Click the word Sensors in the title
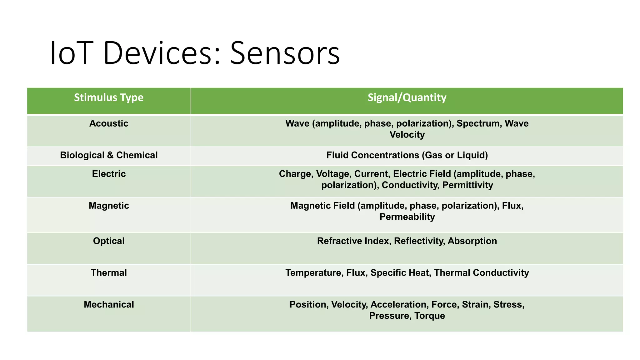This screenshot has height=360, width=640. (285, 53)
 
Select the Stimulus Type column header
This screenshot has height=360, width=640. (109, 97)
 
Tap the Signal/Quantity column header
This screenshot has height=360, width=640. (407, 97)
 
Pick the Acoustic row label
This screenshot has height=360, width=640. (109, 123)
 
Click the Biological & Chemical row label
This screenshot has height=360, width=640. (109, 155)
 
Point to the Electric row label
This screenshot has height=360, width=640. (109, 174)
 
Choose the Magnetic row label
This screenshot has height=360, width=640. (109, 206)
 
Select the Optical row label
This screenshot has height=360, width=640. (109, 241)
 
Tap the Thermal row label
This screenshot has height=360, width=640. (109, 273)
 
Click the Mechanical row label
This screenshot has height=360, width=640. (109, 305)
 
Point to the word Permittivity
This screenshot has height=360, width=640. (467, 185)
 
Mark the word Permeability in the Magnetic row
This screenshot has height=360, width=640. (407, 217)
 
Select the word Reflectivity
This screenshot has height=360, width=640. (419, 241)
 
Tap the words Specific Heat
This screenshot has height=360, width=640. (399, 273)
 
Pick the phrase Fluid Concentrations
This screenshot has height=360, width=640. (372, 155)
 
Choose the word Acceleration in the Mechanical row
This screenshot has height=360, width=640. (398, 305)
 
